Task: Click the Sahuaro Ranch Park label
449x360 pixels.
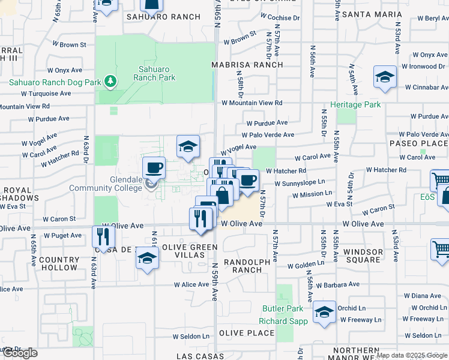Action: pos(154,73)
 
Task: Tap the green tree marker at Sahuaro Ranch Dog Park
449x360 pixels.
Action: pos(109,80)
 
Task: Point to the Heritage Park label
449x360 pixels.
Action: pos(359,104)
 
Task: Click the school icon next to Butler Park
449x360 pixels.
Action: pos(324,312)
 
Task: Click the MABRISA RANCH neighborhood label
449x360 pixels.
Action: pos(247,65)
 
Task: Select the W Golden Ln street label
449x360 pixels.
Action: pos(306,265)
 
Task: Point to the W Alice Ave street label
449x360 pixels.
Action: pos(191,284)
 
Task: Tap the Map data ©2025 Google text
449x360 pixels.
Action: pos(412,355)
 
